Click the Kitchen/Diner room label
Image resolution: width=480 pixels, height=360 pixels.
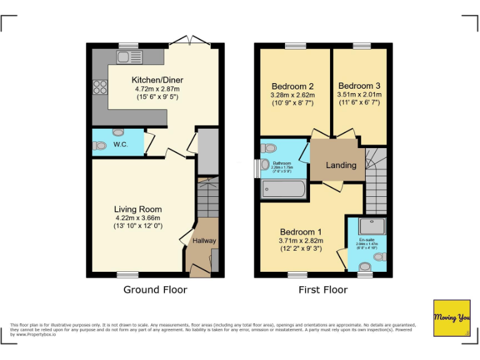point(157,80)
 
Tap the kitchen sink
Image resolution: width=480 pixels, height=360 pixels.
point(129,57)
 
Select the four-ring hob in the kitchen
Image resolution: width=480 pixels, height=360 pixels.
point(100,87)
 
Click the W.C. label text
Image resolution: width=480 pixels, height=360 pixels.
point(121,144)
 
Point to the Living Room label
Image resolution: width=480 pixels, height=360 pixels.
point(137,209)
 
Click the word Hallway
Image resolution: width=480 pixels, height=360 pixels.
point(204,241)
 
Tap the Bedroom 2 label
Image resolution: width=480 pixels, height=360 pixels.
point(292,86)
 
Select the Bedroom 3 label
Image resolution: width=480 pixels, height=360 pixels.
point(359,86)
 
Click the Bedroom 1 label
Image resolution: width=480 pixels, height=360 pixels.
point(301,231)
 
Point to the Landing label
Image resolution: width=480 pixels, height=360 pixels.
point(341,165)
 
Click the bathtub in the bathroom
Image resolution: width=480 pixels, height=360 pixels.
point(283,189)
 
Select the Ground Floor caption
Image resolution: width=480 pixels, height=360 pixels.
point(155,289)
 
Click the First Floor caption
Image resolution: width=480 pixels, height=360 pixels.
point(322,289)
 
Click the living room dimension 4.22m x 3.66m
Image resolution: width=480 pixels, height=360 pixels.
point(137,217)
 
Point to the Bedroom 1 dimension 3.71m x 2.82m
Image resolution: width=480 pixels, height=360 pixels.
point(301,240)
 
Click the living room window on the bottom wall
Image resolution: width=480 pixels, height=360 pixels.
point(127,274)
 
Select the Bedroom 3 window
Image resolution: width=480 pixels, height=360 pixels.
point(361,46)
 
